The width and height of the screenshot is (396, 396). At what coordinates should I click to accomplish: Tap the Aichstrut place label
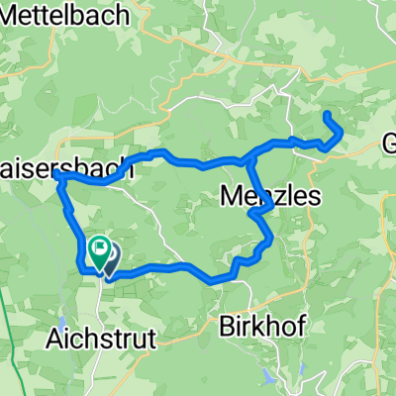coord(101,339)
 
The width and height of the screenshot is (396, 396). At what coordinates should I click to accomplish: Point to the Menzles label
coord(268,197)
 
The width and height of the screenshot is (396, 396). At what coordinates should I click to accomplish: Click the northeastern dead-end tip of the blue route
coord(328,117)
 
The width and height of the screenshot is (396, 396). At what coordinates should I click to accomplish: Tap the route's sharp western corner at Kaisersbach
coord(59,175)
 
